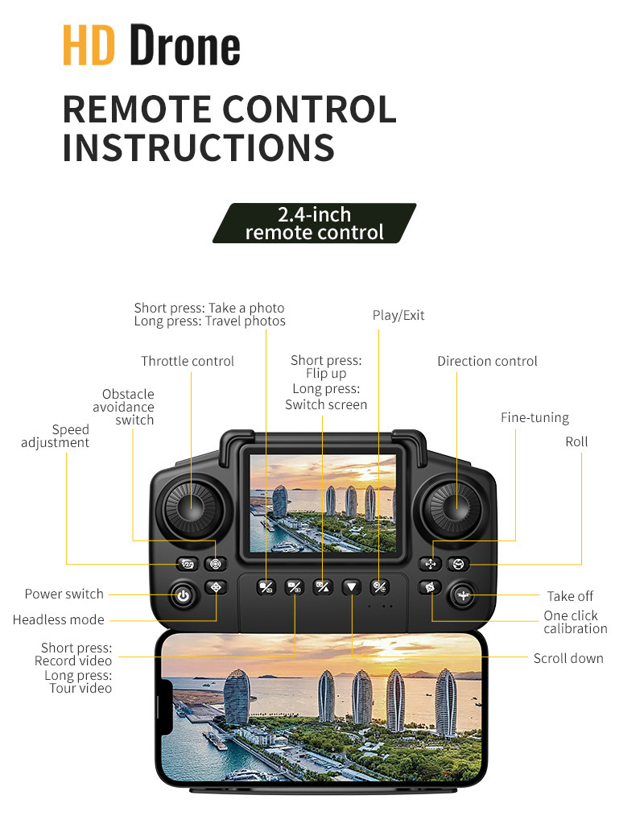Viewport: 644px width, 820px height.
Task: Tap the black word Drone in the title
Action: click(x=185, y=47)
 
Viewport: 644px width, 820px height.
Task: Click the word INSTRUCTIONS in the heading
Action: click(x=198, y=148)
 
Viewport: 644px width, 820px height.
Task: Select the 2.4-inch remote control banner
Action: click(x=314, y=224)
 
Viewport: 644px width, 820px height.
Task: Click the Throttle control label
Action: click(x=188, y=361)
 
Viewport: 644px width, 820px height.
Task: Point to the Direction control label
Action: click(x=487, y=361)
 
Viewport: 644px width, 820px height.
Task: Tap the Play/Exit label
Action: click(x=398, y=315)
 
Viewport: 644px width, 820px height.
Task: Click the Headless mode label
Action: click(x=58, y=619)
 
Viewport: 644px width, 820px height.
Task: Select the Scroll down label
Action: click(x=568, y=658)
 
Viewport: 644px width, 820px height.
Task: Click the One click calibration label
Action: click(x=575, y=622)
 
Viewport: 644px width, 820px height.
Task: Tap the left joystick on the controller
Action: click(x=191, y=506)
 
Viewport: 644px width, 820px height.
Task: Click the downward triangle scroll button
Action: click(x=351, y=586)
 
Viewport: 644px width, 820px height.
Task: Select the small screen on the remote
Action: click(x=322, y=503)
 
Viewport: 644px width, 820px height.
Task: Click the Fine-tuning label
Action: click(x=535, y=417)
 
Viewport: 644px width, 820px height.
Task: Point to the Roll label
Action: click(x=576, y=441)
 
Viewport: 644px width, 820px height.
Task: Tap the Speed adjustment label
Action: click(x=56, y=436)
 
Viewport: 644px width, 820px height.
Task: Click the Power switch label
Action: click(x=64, y=594)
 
